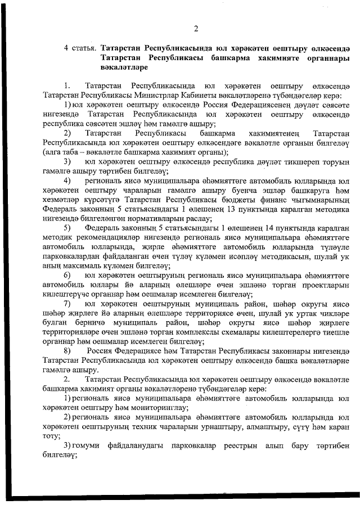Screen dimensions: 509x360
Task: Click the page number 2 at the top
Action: click(195, 29)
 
